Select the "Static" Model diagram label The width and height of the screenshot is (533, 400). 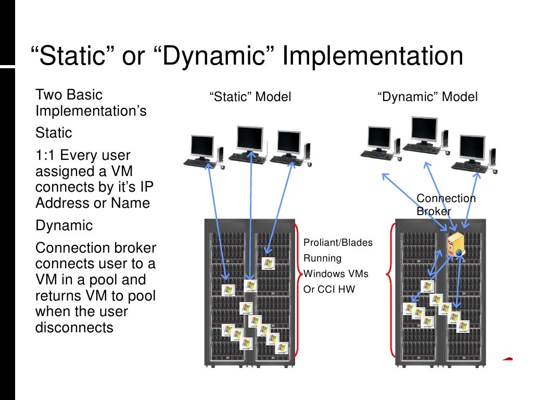coord(250,97)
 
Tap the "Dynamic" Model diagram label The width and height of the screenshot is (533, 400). coord(427,97)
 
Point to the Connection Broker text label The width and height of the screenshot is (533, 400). coord(446,205)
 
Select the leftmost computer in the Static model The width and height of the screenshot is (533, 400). coord(203,152)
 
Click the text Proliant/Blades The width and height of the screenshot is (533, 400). coord(338,243)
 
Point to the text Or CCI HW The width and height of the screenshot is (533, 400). coord(329,289)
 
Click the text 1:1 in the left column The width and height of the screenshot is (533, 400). coord(45,155)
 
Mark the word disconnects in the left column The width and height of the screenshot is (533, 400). coord(74,327)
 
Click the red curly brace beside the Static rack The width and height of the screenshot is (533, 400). coord(297,289)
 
